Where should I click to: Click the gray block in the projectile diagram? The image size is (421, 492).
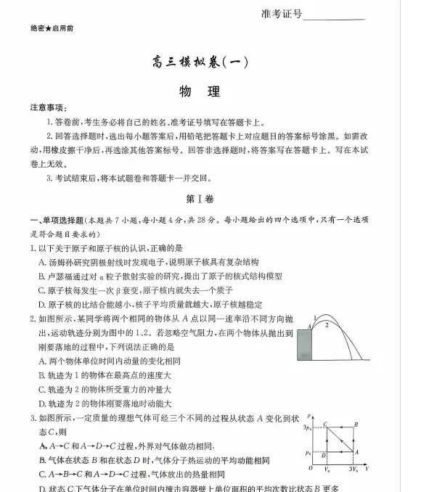[304, 344]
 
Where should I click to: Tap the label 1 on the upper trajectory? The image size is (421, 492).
[314, 317]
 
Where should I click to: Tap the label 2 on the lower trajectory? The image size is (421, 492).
[327, 325]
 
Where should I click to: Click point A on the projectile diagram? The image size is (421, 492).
[310, 327]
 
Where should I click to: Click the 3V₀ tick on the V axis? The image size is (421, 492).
[353, 470]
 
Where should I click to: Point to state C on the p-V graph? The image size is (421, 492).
[326, 424]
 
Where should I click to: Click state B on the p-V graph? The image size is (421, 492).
[356, 424]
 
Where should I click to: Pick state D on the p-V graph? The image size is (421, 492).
[323, 456]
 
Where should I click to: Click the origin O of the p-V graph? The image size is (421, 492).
[310, 469]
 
